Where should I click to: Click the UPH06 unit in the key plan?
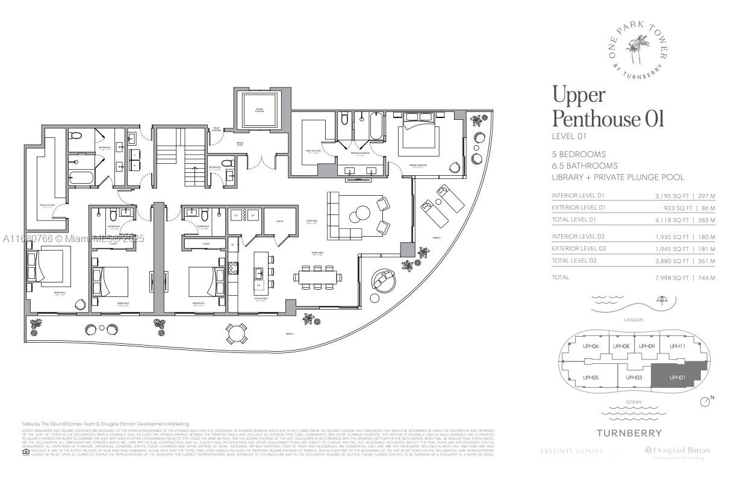pyautogui.click(x=591, y=346)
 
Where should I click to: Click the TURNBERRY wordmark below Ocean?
pyautogui.click(x=629, y=432)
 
